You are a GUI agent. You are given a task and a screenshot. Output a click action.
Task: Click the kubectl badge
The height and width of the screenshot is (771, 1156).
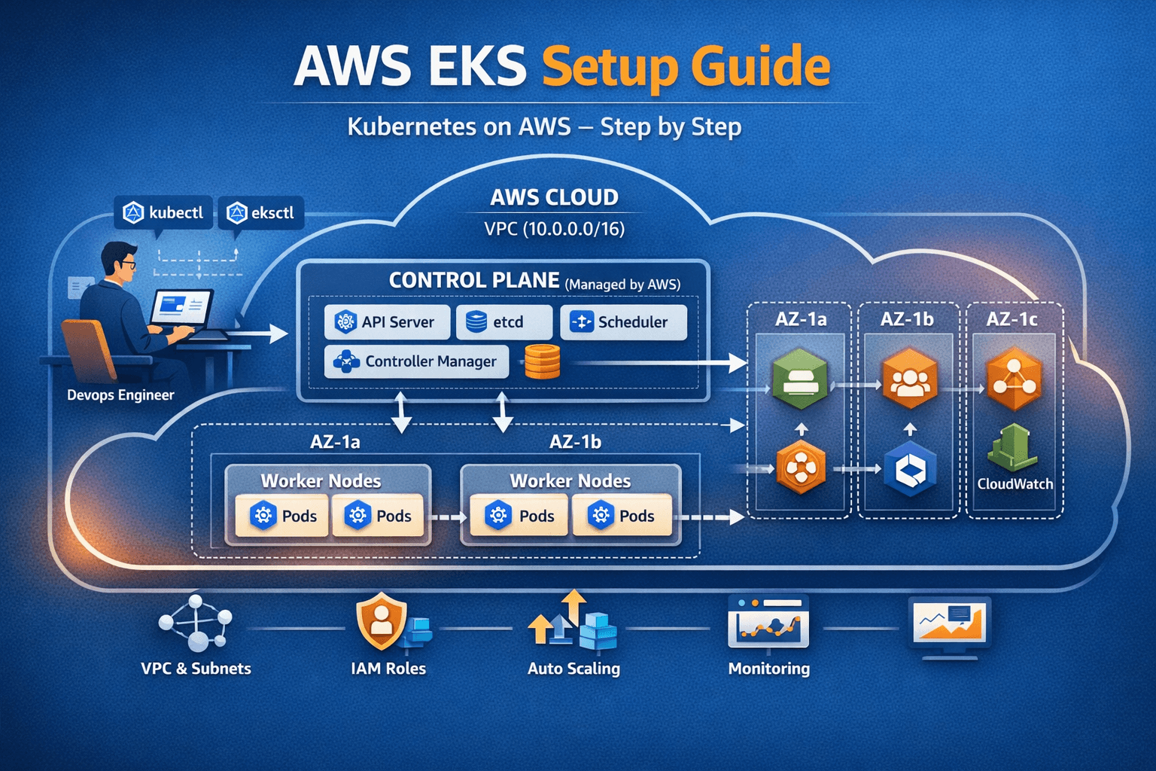tap(164, 213)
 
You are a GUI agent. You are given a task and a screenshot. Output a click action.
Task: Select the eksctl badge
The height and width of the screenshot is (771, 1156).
tap(260, 213)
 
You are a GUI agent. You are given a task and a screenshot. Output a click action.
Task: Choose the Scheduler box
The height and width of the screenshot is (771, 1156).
tap(623, 322)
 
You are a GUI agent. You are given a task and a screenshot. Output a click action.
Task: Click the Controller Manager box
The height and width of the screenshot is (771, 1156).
tap(416, 361)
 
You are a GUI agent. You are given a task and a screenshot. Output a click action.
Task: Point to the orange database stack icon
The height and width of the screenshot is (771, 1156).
tap(542, 361)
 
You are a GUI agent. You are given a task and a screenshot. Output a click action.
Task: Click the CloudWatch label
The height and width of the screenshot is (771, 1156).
tap(1015, 484)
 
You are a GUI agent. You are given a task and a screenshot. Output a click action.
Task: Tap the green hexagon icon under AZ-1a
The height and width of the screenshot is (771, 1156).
tap(800, 379)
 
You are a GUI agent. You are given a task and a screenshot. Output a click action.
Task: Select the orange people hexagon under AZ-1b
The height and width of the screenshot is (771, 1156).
tap(909, 379)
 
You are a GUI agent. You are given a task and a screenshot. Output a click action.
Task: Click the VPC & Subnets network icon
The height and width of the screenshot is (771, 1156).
tap(196, 623)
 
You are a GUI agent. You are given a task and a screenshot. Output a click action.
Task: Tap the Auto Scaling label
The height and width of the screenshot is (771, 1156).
tap(573, 669)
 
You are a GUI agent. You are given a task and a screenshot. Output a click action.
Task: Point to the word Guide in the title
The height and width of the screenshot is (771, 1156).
tap(760, 68)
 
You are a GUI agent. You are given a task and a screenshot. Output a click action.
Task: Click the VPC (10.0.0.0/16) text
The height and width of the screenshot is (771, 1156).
tap(555, 228)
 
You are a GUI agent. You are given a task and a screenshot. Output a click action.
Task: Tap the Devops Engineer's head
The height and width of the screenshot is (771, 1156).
tap(120, 260)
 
